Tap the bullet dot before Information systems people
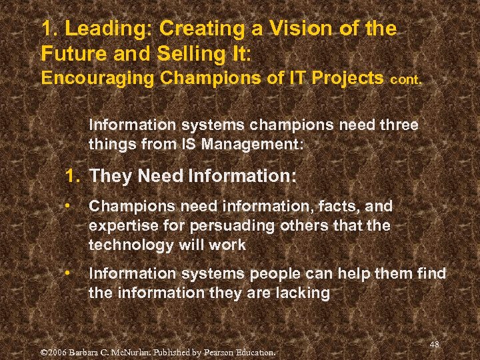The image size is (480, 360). click(69, 273)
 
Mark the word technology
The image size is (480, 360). click(131, 245)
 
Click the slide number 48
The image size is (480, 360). click(435, 344)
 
